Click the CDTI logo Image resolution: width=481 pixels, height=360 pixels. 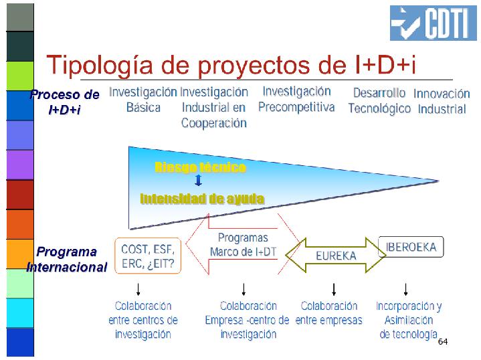433,23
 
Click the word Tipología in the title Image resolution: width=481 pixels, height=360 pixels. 100,65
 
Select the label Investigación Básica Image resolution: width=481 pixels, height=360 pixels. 143,100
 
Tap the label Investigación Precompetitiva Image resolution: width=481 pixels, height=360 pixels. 296,99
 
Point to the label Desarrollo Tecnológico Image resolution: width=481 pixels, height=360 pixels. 379,100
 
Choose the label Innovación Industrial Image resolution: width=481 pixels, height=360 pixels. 442,101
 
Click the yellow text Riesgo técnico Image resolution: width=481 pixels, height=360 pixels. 200,167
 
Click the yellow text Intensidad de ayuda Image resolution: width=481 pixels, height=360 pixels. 202,199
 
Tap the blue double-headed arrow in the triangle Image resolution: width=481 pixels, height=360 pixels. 198,180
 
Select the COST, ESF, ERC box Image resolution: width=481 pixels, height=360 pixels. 148,256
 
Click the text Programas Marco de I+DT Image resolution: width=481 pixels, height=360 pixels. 243,245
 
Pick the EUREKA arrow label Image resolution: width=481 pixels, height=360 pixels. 336,256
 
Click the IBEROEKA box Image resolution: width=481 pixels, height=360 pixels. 411,247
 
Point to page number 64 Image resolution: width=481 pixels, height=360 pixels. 443,341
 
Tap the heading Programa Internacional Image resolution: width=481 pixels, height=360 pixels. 67,260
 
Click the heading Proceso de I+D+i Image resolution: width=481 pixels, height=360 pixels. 64,102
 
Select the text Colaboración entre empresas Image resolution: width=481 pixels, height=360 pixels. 329,313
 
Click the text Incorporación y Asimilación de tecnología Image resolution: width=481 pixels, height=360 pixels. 409,320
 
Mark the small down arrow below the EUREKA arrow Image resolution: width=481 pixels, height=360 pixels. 334,290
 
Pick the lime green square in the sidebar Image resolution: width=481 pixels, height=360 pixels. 20,76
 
